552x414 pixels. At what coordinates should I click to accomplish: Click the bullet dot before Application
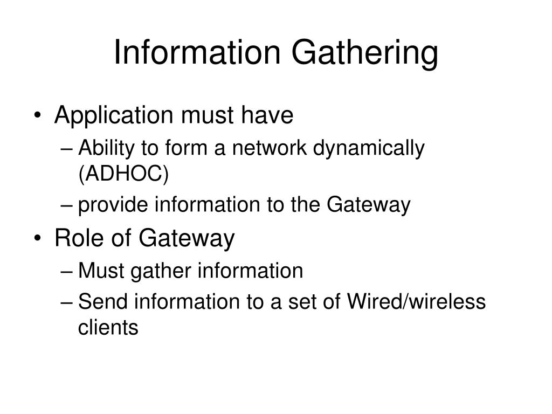[x=42, y=116]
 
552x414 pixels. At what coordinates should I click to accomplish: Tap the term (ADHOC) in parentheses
[x=123, y=174]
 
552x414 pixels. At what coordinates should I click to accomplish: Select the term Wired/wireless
[x=417, y=302]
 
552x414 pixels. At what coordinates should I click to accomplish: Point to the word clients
[x=108, y=328]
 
